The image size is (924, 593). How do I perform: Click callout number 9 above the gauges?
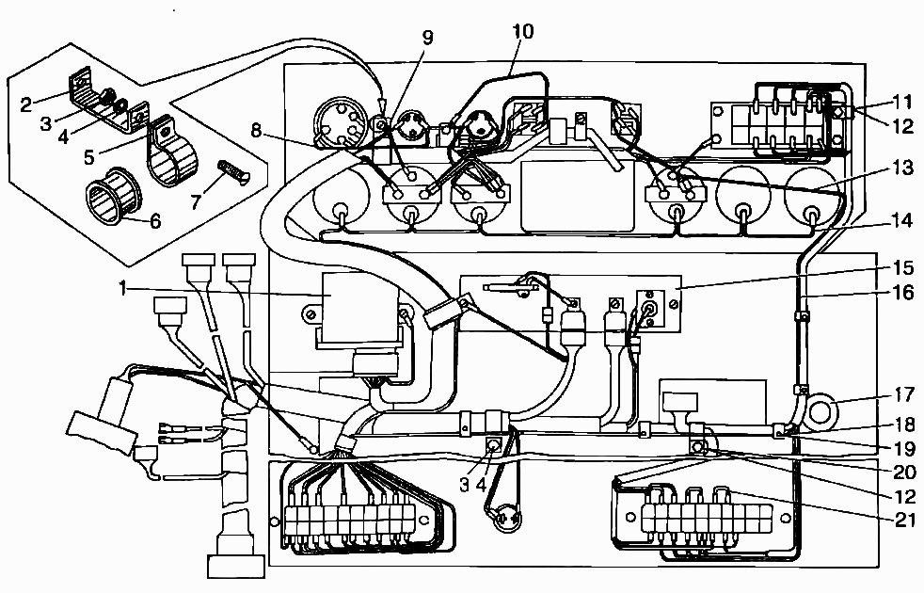(x=428, y=38)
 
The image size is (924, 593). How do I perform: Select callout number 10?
(x=522, y=32)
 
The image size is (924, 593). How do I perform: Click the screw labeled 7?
(x=230, y=173)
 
